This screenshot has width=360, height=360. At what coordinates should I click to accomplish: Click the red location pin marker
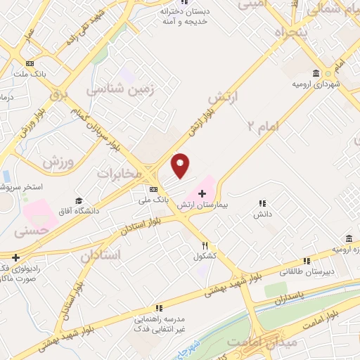[x=181, y=165]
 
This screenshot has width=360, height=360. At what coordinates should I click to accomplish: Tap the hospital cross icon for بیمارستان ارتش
[x=202, y=193]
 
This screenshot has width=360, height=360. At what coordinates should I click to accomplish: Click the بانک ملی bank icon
[x=153, y=189]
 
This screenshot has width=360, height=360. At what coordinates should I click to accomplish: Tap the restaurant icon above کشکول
[x=205, y=246]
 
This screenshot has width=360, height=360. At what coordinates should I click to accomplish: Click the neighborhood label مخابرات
[x=124, y=174]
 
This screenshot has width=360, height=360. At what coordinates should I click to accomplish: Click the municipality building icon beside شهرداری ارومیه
[x=316, y=73]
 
